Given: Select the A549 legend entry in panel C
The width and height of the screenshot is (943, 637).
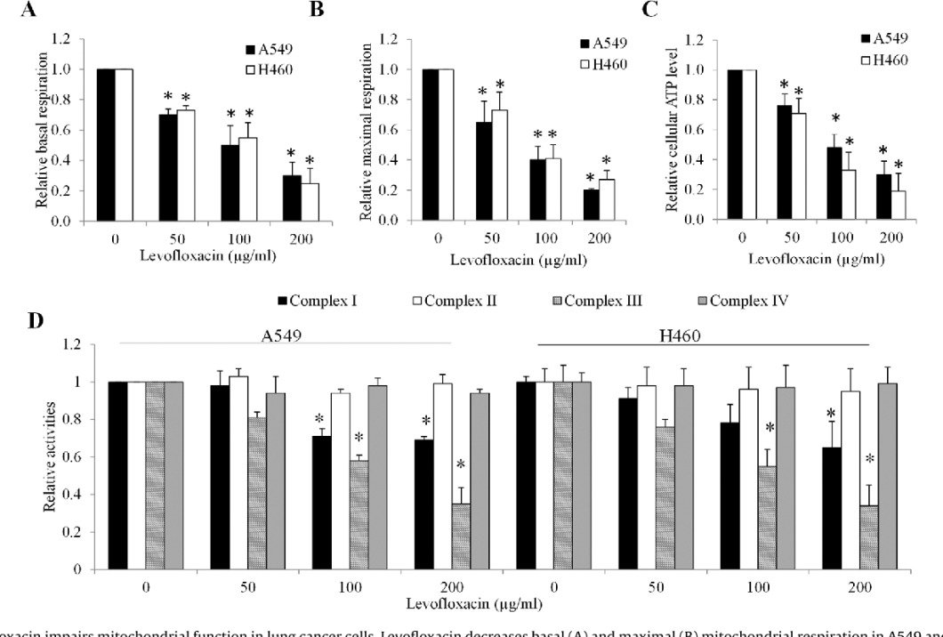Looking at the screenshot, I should [x=892, y=37].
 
